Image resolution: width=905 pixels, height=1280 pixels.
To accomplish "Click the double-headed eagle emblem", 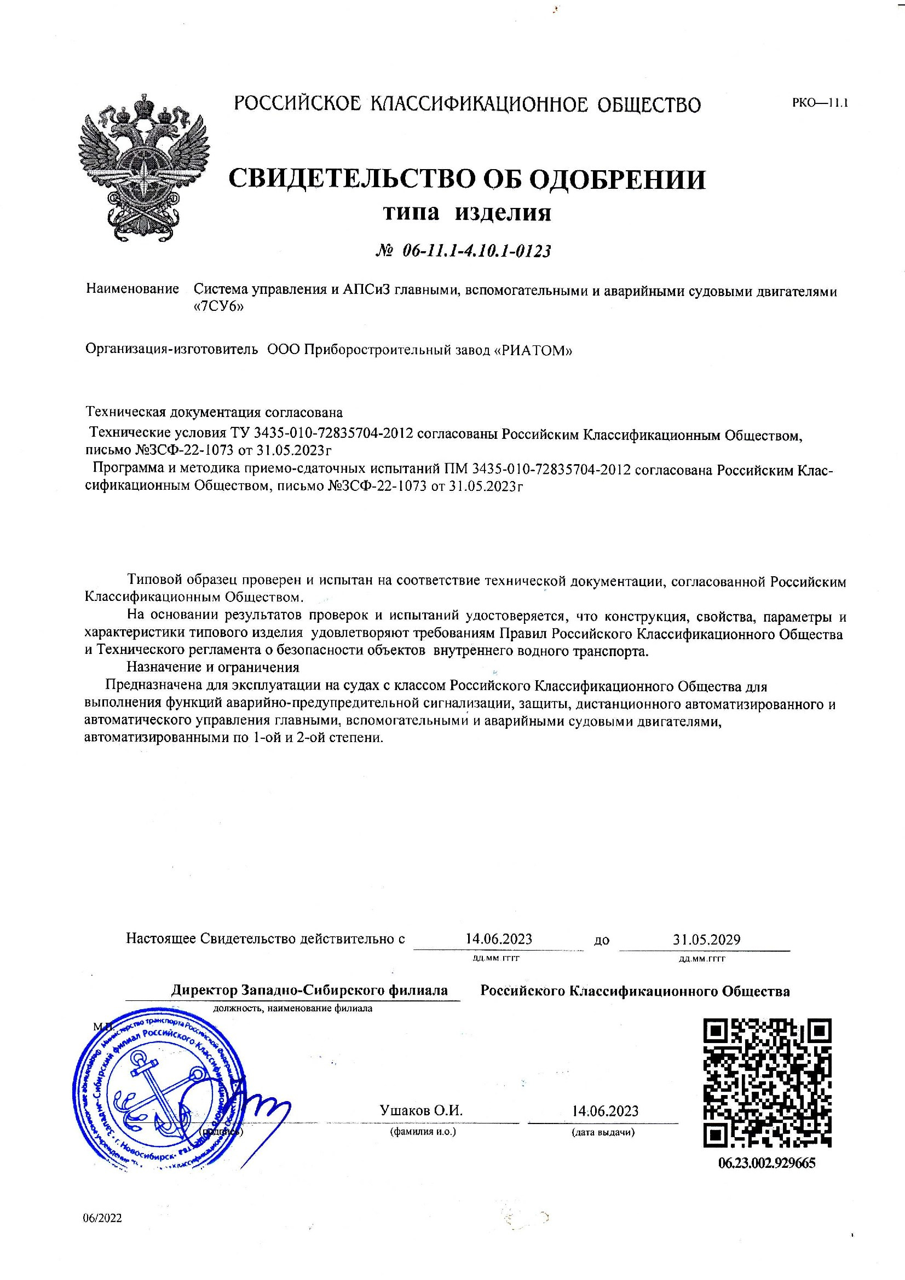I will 145,167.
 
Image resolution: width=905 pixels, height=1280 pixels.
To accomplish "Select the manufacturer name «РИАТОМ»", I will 534,350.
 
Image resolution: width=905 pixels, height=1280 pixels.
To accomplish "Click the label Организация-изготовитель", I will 172,350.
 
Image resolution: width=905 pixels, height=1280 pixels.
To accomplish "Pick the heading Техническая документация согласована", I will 214,412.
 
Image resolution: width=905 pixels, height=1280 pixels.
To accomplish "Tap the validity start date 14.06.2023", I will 499,939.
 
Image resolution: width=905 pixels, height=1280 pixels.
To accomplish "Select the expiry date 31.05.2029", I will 706,940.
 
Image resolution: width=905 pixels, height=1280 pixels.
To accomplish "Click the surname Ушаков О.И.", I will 421,1110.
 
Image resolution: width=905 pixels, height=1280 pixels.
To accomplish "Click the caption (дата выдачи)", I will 603,1132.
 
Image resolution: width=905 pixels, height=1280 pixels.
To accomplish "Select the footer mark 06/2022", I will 102,1218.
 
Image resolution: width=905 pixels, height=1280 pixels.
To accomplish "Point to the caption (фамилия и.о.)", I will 423,1132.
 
